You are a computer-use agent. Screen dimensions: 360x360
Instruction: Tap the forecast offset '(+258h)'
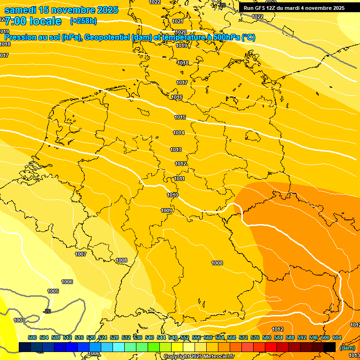[83, 21]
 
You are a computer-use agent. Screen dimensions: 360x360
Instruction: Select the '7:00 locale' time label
[33, 21]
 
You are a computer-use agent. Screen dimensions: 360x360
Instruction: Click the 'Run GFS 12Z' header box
[294, 8]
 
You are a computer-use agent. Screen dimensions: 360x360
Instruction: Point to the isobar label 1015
[180, 117]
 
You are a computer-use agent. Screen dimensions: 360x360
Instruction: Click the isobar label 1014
[178, 133]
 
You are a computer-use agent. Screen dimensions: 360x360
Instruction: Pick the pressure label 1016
[177, 97]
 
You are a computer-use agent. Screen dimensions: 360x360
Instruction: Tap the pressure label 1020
[181, 31]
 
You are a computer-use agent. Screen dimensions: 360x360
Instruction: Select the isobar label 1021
[178, 21]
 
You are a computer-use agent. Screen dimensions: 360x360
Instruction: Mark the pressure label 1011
[180, 179]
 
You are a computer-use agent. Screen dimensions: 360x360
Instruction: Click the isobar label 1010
[172, 195]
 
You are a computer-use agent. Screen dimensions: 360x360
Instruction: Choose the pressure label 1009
[166, 210]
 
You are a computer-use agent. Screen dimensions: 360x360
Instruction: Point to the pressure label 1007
[81, 254]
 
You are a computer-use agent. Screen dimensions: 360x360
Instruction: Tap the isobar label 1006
[67, 282]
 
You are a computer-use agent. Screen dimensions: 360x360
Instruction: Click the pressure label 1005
[53, 291]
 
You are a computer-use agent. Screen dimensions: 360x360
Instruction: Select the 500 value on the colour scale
[32, 337]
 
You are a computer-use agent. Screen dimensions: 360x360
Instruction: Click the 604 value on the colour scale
[337, 337]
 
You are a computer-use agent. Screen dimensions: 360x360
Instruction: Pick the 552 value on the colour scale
[185, 337]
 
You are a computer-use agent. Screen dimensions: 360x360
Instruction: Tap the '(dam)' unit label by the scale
[347, 348]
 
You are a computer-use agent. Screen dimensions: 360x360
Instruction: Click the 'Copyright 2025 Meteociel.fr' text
[199, 356]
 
